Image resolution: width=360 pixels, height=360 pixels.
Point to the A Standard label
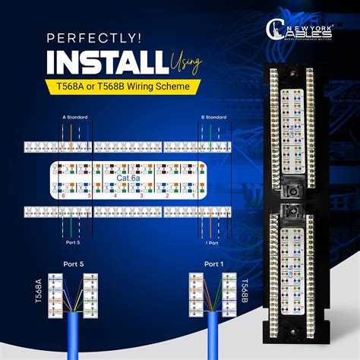pyautogui.click(x=75, y=118)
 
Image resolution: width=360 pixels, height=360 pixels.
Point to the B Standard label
pyautogui.click(x=213, y=118)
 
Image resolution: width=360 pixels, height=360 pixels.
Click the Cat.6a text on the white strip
pyautogui.click(x=127, y=178)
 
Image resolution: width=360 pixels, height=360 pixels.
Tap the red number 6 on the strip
pyautogui.click(x=64, y=196)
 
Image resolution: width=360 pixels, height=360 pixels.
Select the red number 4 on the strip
pyautogui.click(x=115, y=196)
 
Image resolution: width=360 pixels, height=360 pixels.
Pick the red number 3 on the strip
pyautogui.click(x=141, y=196)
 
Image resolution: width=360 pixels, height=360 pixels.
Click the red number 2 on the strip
pyautogui.click(x=167, y=196)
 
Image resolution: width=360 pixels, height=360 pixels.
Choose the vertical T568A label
pyautogui.click(x=38, y=292)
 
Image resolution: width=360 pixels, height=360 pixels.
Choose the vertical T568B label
pyautogui.click(x=244, y=292)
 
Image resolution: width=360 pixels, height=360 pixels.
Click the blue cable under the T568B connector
pyautogui.click(x=214, y=338)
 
